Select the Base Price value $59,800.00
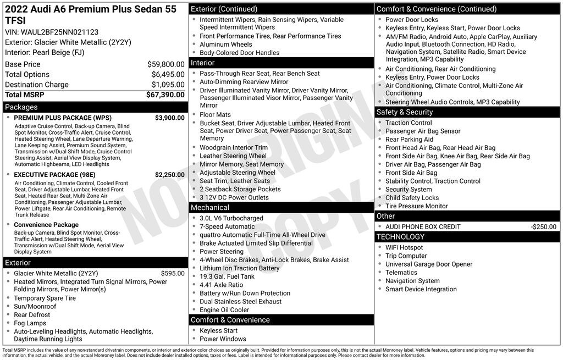click(x=165, y=64)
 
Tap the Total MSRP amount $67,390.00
click(x=165, y=95)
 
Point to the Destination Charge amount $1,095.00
click(x=168, y=85)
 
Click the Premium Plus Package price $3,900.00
click(x=169, y=118)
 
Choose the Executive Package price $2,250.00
click(x=169, y=175)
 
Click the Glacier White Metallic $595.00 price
click(x=173, y=273)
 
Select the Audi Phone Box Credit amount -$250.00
click(x=543, y=226)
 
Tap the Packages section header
click(x=21, y=107)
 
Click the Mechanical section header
click(x=210, y=208)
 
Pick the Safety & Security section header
click(x=405, y=112)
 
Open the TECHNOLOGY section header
click(x=400, y=237)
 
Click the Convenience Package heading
click(x=46, y=225)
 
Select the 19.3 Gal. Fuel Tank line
click(x=227, y=276)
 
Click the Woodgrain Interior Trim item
click(x=234, y=147)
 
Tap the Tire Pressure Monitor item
click(x=417, y=206)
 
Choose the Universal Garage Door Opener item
click(x=429, y=264)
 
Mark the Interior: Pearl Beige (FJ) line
click(x=45, y=52)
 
